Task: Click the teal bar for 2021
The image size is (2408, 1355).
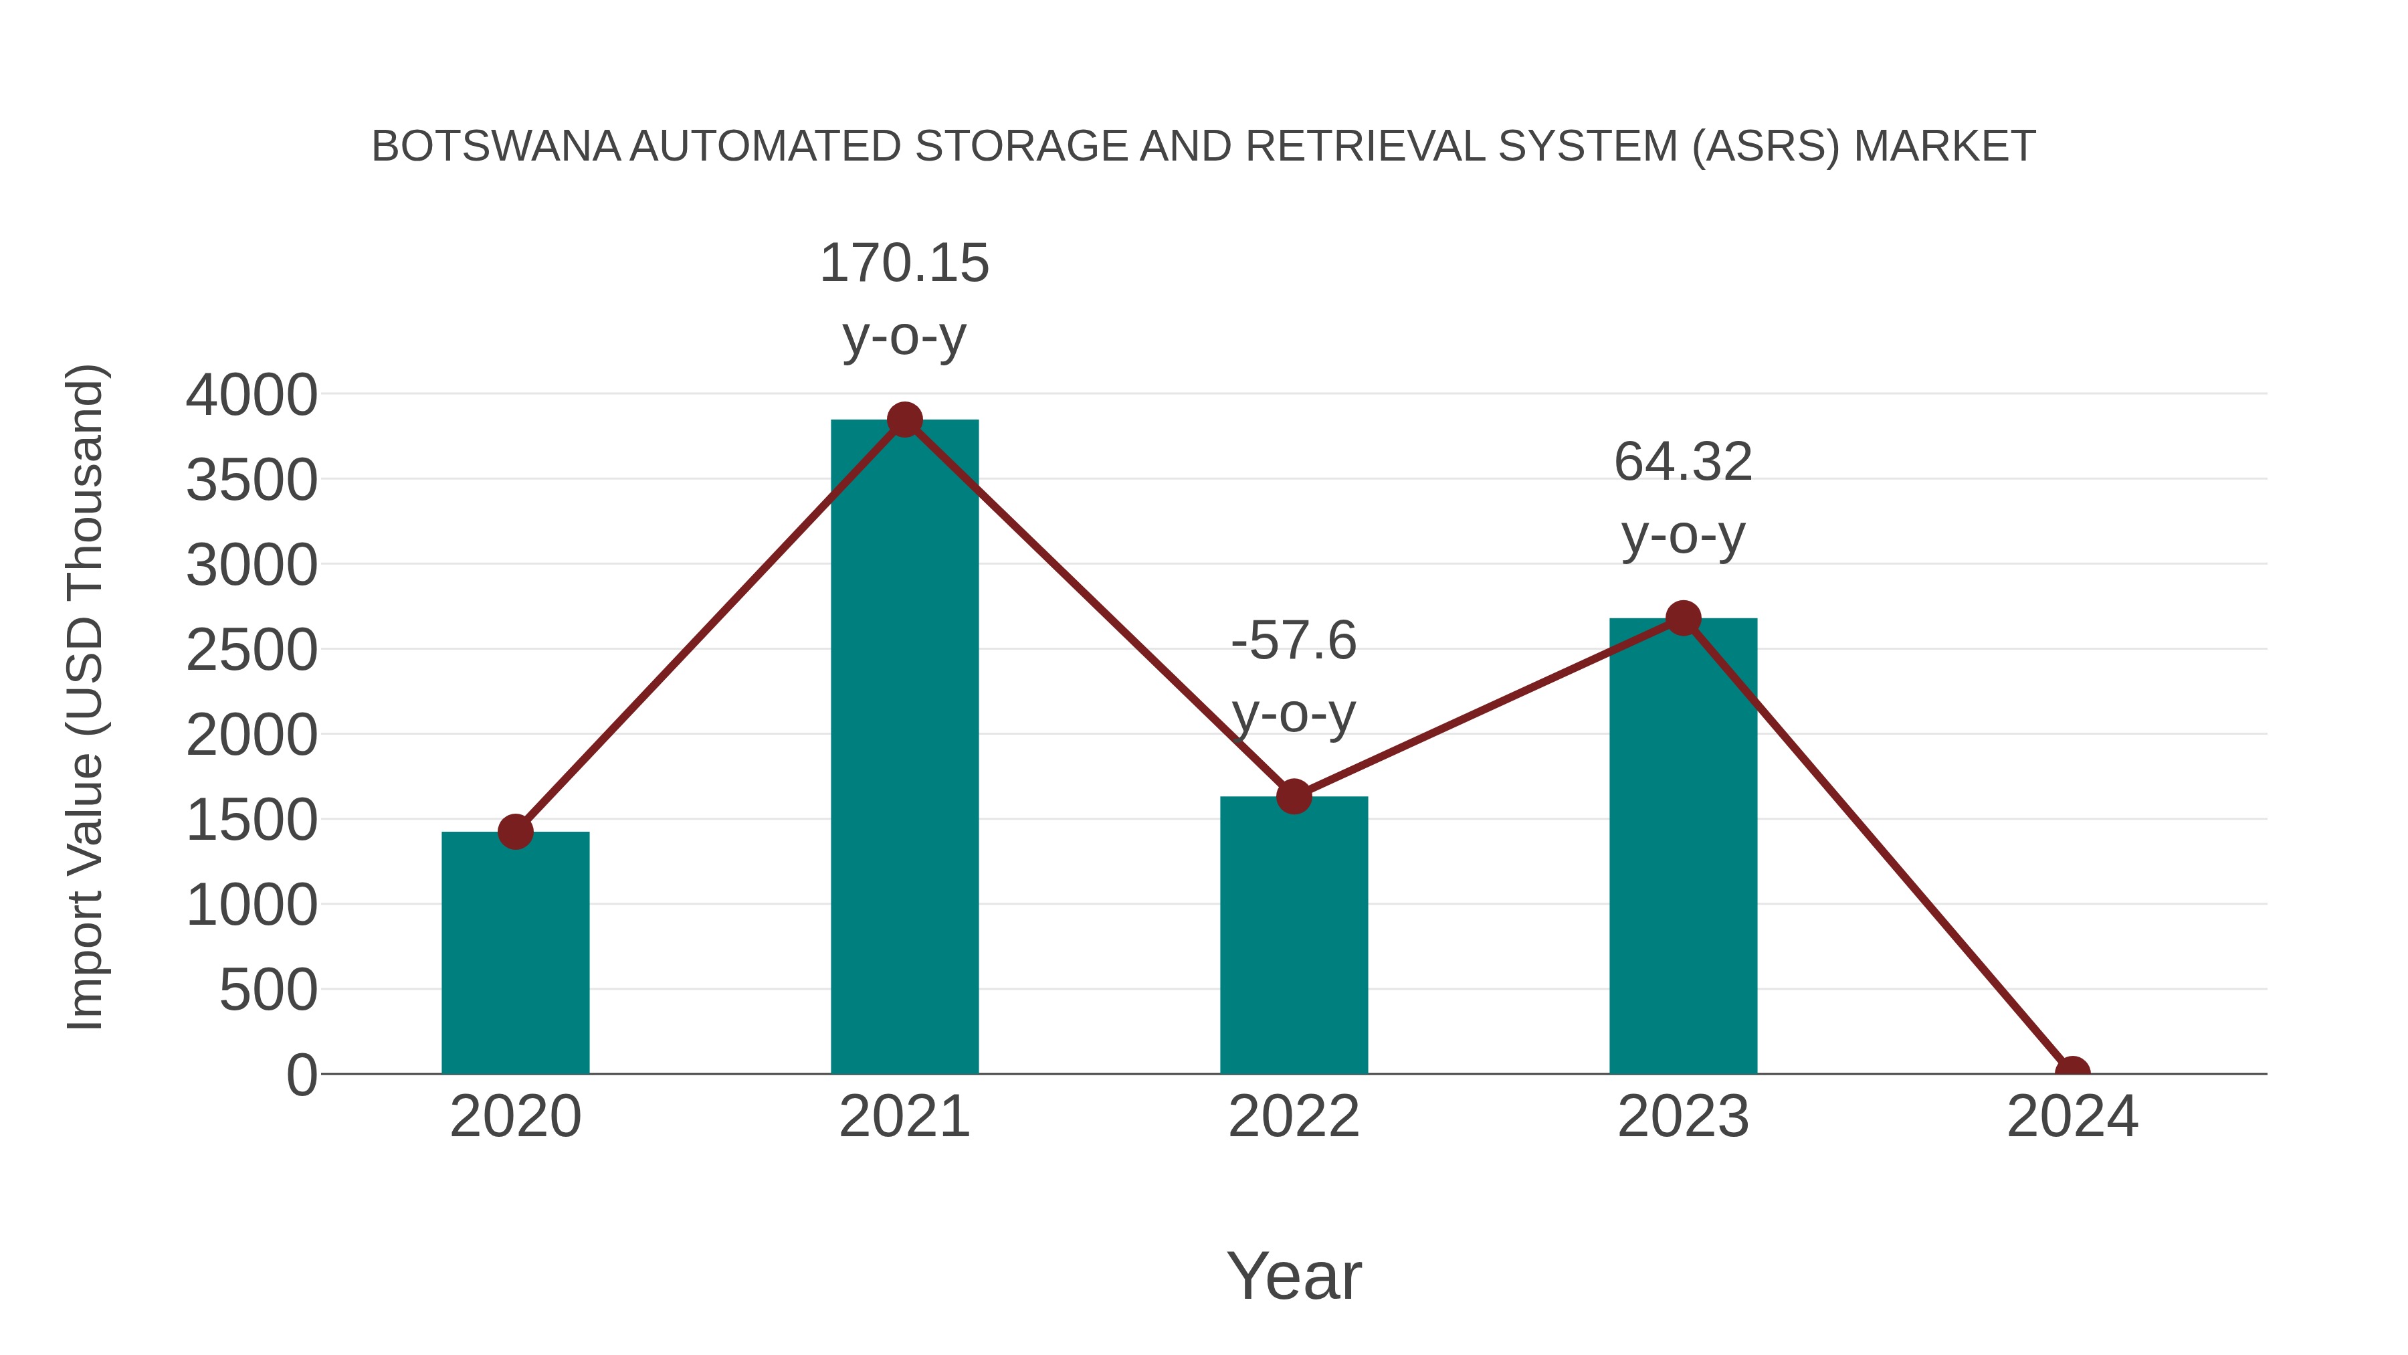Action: tap(904, 748)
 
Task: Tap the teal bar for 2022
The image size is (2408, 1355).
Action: tap(1294, 935)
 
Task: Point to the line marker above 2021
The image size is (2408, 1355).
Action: tap(904, 420)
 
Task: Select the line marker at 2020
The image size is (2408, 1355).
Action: tap(515, 831)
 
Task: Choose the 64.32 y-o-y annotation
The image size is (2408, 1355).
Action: tap(1683, 499)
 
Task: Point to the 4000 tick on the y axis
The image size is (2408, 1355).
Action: tap(252, 395)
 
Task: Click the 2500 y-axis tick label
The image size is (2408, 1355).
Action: tap(252, 651)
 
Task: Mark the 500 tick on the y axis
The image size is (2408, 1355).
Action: tap(268, 990)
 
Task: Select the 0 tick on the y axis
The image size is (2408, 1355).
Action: tap(301, 1075)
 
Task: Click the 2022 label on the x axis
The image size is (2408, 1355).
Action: tap(1294, 1117)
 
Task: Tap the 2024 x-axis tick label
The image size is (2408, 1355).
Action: tap(2072, 1117)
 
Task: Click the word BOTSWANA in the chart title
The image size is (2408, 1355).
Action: tap(496, 147)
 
